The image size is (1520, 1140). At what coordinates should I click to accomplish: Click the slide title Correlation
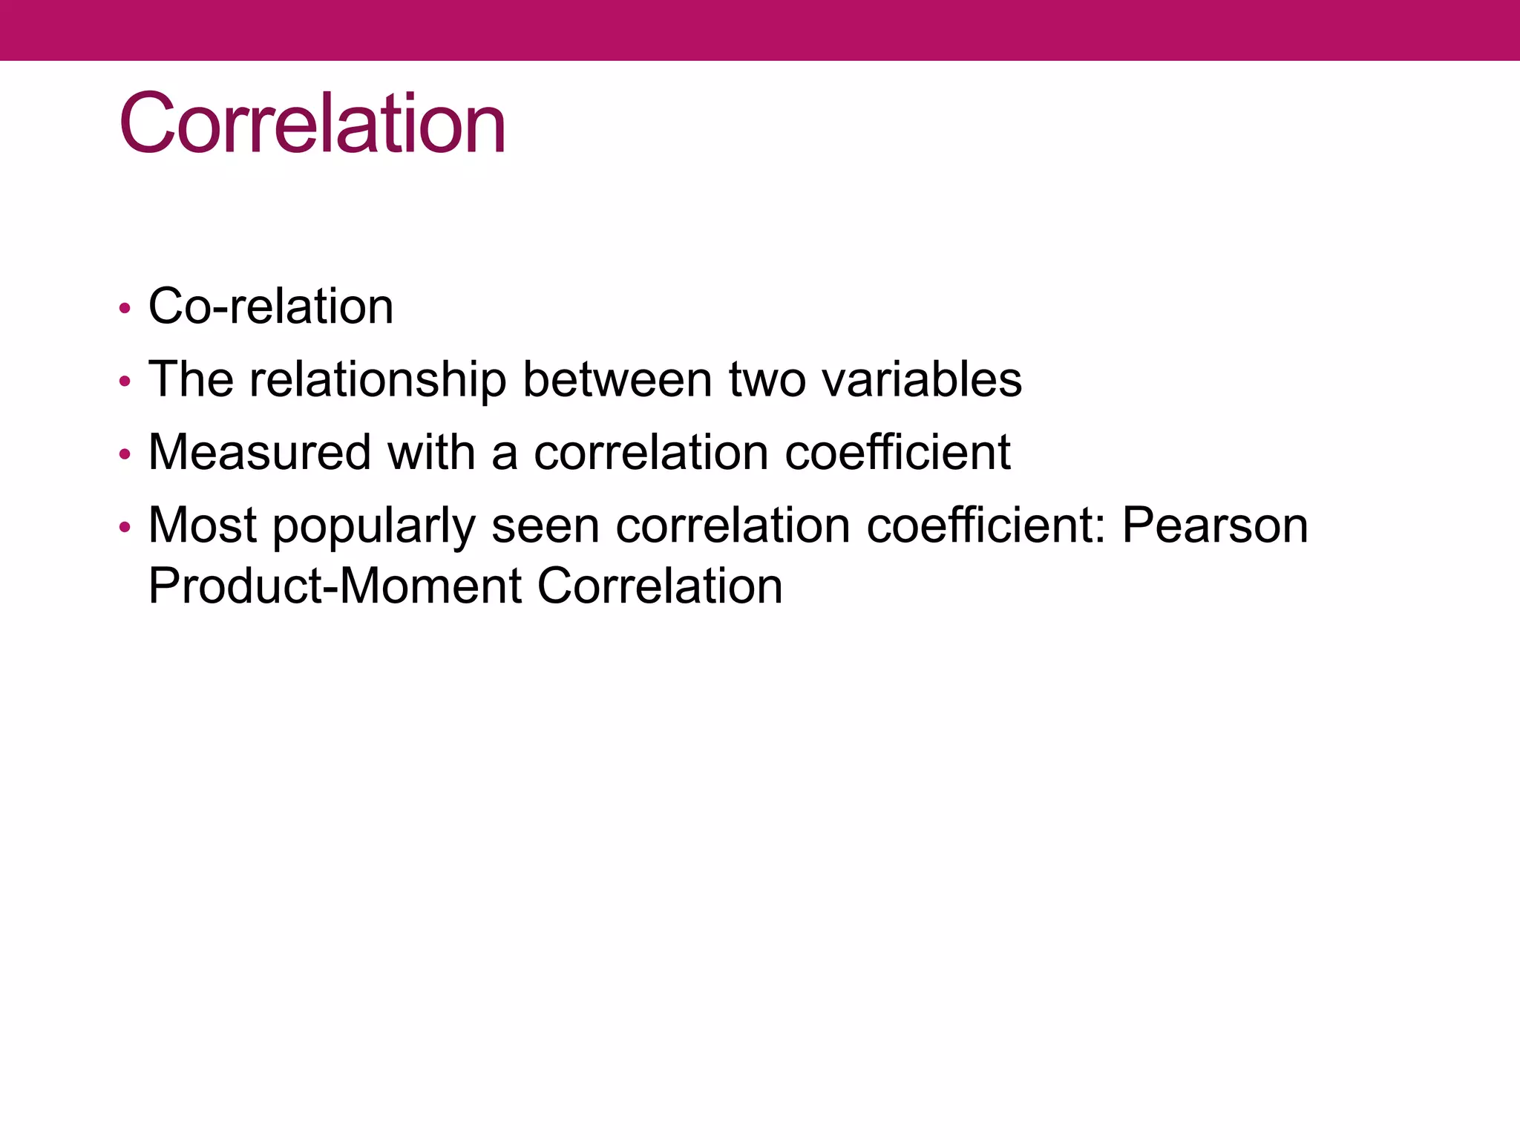(312, 123)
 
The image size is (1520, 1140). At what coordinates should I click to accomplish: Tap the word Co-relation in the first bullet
(271, 306)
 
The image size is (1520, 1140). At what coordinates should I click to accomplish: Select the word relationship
(378, 379)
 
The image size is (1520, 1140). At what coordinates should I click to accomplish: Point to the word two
(767, 379)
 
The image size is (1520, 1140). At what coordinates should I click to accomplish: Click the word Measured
(260, 452)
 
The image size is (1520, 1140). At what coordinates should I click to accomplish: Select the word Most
(202, 525)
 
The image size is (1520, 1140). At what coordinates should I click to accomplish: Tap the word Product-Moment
(335, 586)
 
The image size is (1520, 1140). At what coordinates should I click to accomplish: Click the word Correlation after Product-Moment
(659, 586)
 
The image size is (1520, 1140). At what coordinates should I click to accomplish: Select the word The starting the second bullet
(191, 379)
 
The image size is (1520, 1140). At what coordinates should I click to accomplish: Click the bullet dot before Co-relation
(125, 308)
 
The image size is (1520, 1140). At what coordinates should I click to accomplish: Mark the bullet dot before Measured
(125, 454)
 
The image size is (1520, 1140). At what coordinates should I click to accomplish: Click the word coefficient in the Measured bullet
(897, 452)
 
